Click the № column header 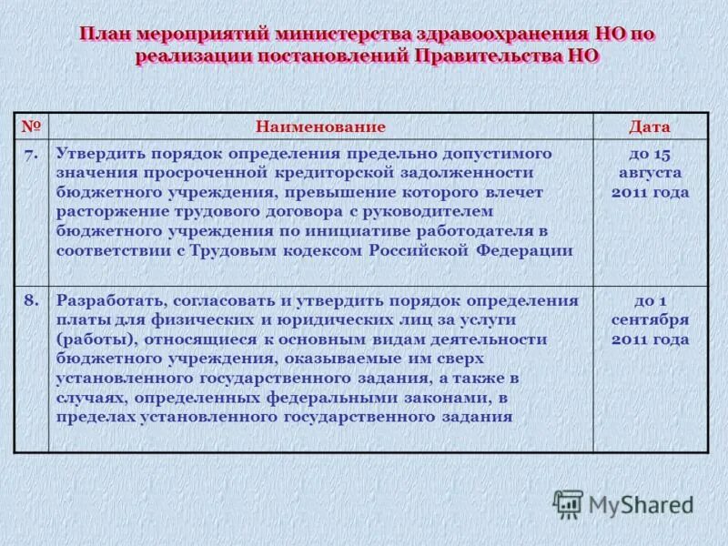tap(32, 126)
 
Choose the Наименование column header tap(320, 126)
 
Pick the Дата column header tap(650, 126)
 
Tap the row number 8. tap(32, 299)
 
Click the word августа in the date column tap(650, 172)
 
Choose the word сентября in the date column tap(650, 319)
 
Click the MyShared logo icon tap(568, 504)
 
